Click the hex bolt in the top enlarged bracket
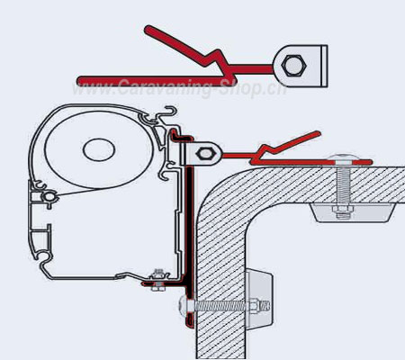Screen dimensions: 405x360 294,65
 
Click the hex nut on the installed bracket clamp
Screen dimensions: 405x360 204,154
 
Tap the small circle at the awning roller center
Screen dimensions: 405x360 99,149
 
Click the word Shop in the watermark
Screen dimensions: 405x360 244,87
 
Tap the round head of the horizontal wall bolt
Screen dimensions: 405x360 184,306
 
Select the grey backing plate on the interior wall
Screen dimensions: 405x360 259,299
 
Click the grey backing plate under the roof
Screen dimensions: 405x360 352,212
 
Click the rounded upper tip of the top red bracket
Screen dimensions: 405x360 148,30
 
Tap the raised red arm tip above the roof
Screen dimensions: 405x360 317,134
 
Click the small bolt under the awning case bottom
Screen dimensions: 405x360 157,282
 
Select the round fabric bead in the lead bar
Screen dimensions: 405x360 48,197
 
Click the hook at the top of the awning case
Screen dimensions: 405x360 170,112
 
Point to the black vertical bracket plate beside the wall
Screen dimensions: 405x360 189,228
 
